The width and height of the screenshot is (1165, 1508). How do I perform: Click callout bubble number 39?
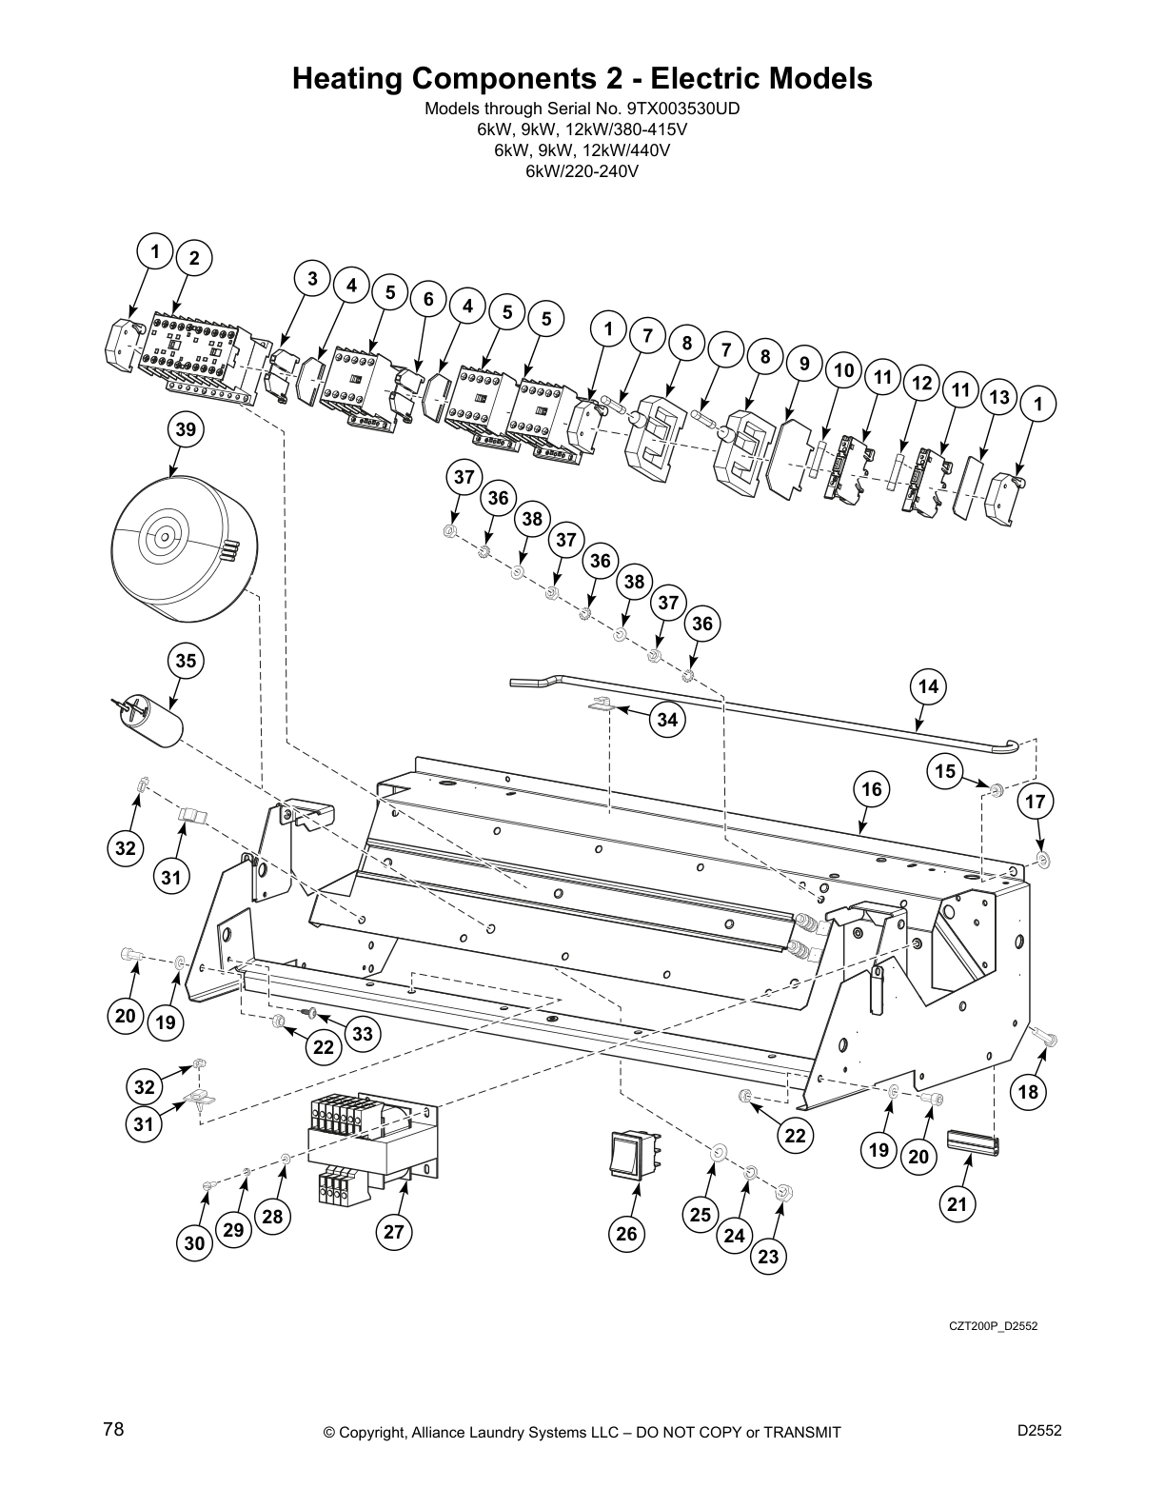[185, 430]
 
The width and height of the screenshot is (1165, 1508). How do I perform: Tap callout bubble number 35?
[187, 661]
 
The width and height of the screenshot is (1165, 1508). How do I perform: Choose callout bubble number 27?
[394, 1232]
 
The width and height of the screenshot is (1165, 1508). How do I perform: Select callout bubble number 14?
[928, 686]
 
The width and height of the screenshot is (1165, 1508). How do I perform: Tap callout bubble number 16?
[872, 788]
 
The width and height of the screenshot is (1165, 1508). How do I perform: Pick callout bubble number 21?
[958, 1205]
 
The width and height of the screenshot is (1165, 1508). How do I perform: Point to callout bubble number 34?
[667, 720]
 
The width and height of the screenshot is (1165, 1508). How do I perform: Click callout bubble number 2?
[194, 258]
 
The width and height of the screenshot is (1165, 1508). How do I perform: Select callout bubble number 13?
[998, 398]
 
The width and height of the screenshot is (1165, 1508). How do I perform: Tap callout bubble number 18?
[1029, 1092]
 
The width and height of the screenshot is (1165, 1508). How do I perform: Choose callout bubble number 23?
[768, 1257]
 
